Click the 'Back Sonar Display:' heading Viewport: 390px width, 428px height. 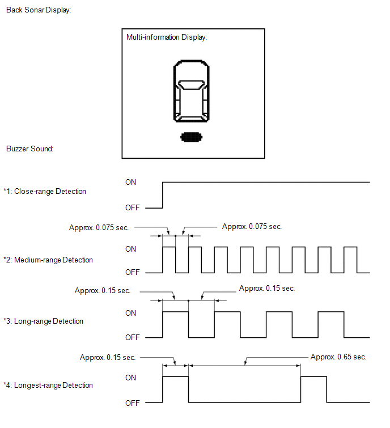pyautogui.click(x=39, y=10)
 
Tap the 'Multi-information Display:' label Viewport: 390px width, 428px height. pyautogui.click(x=167, y=37)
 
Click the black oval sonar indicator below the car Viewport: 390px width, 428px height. pyautogui.click(x=192, y=137)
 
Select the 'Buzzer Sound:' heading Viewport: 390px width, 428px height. pyautogui.click(x=29, y=149)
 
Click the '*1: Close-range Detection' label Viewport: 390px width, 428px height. pyautogui.click(x=44, y=192)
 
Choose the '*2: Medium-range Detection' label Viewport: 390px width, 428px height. pyautogui.click(x=48, y=260)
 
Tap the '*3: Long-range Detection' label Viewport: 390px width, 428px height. pyautogui.click(x=43, y=321)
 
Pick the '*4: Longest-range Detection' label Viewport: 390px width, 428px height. pyautogui.click(x=48, y=385)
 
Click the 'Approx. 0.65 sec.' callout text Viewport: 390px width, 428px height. pyautogui.click(x=338, y=357)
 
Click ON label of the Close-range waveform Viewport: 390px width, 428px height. pyautogui.click(x=130, y=182)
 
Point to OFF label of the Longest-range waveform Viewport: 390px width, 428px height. pyautogui.click(x=133, y=403)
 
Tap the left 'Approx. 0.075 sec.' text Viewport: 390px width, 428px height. pyautogui.click(x=99, y=227)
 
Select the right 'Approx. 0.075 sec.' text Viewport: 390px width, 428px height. pyautogui.click(x=252, y=226)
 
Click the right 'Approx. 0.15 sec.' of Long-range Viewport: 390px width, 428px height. pyautogui.click(x=267, y=288)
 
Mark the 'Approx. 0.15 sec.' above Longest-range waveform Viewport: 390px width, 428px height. pyautogui.click(x=108, y=357)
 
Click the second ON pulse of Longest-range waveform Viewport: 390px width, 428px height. pyautogui.click(x=313, y=376)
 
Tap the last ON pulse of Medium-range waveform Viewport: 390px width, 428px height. pyautogui.click(x=350, y=247)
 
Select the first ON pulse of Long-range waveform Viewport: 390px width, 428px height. pyautogui.click(x=176, y=312)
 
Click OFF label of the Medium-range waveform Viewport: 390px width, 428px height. pyautogui.click(x=133, y=272)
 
